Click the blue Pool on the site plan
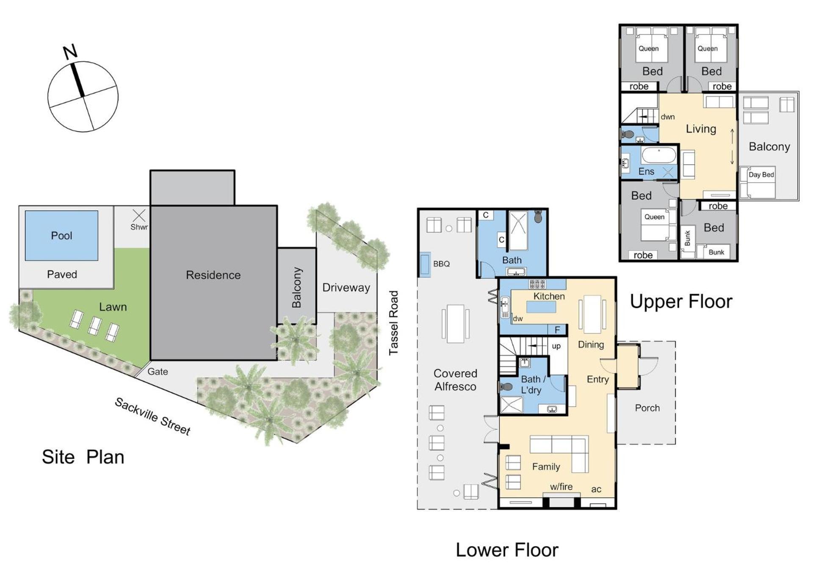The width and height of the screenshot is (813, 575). pyautogui.click(x=61, y=236)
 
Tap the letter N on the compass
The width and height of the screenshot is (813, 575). pyautogui.click(x=71, y=51)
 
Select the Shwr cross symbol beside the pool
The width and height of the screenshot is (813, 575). pyautogui.click(x=139, y=215)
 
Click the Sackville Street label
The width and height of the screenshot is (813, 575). pyautogui.click(x=152, y=417)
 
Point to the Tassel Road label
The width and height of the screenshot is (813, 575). pyautogui.click(x=394, y=323)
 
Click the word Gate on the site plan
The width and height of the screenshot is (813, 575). pyautogui.click(x=158, y=372)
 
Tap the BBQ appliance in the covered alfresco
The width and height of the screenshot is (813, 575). pyautogui.click(x=425, y=264)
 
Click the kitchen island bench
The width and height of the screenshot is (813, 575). pyautogui.click(x=541, y=307)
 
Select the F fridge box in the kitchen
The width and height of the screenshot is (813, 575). pyautogui.click(x=557, y=330)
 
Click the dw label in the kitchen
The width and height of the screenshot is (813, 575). pyautogui.click(x=517, y=319)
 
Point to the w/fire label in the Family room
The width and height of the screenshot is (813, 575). pyautogui.click(x=561, y=487)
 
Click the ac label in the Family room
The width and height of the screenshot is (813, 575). pyautogui.click(x=596, y=489)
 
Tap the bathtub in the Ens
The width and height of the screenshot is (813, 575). pyautogui.click(x=658, y=156)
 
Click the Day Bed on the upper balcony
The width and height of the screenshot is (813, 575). pyautogui.click(x=758, y=183)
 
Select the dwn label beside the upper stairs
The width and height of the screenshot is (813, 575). pyautogui.click(x=668, y=117)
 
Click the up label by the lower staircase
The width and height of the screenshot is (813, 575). pyautogui.click(x=556, y=346)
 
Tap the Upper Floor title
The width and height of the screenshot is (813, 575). pyautogui.click(x=681, y=301)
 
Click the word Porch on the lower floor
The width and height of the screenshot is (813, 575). pyautogui.click(x=647, y=408)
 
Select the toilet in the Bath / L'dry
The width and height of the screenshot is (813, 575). pyautogui.click(x=506, y=386)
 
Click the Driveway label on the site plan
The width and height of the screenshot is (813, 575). pyautogui.click(x=346, y=288)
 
